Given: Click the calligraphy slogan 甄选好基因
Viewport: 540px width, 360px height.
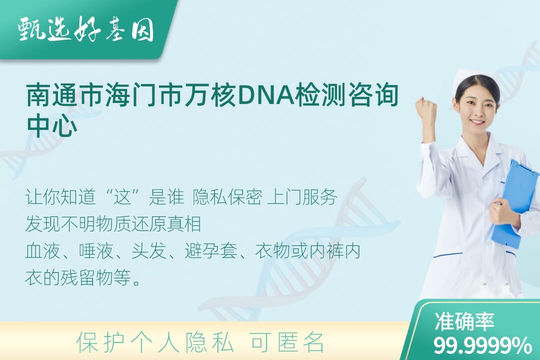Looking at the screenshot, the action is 86,29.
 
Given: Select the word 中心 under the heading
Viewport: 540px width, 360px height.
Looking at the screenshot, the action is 52,125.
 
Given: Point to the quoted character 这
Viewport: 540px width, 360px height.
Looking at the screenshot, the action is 123,197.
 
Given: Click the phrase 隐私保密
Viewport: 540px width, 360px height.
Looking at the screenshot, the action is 227,197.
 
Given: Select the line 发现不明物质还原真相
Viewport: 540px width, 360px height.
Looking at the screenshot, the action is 113,224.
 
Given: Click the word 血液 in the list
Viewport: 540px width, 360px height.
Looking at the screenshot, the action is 43,250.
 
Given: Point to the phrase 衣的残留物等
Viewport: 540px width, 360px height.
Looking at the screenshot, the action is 78,277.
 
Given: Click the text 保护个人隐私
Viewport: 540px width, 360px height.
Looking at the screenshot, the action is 155,342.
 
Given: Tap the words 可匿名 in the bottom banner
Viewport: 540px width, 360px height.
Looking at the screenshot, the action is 287,342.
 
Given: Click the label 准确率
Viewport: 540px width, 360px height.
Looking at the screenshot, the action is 464,321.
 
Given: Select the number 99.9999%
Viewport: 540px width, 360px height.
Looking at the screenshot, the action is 482,345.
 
